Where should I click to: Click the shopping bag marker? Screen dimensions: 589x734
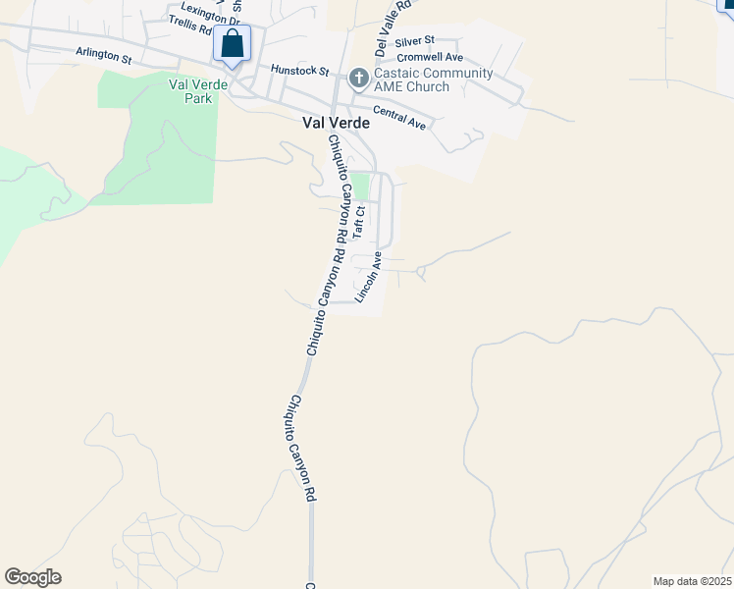point(232,44)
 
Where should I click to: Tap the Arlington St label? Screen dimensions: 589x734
point(103,58)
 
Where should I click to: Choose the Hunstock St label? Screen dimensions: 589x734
point(300,71)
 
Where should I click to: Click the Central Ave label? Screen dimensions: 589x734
point(398,120)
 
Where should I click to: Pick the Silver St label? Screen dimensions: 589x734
point(414,42)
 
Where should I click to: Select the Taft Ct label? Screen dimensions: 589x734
point(360,223)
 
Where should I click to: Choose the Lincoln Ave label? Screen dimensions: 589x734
point(369,276)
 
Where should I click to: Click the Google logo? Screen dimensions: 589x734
point(32,577)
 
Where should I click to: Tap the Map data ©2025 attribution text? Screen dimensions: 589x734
point(692,581)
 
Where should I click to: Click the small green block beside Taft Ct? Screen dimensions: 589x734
point(361,185)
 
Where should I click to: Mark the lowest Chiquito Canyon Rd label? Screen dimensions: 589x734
point(300,449)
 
